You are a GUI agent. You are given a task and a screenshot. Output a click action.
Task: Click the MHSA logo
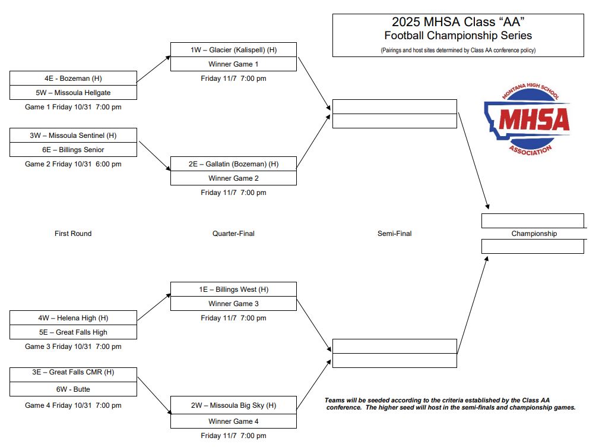pyautogui.click(x=527, y=119)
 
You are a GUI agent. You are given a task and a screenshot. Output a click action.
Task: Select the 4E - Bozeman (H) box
pyautogui.click(x=73, y=78)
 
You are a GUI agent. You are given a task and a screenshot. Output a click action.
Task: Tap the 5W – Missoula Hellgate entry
pyautogui.click(x=73, y=93)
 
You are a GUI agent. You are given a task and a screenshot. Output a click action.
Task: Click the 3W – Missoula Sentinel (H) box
pyautogui.click(x=73, y=136)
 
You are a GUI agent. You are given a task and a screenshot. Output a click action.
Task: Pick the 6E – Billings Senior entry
pyautogui.click(x=73, y=150)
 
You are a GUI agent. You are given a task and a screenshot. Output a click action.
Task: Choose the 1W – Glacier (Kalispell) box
pyautogui.click(x=233, y=50)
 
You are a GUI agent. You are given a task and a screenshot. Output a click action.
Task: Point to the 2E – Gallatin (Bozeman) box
pyautogui.click(x=233, y=163)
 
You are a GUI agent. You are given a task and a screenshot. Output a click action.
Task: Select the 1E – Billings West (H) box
pyautogui.click(x=233, y=289)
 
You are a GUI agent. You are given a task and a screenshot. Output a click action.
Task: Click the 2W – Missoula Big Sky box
pyautogui.click(x=233, y=405)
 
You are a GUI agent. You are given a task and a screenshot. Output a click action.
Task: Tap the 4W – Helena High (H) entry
pyautogui.click(x=73, y=318)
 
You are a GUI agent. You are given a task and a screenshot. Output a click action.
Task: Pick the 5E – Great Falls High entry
pyautogui.click(x=73, y=332)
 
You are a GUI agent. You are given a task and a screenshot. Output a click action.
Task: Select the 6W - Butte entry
pyautogui.click(x=73, y=389)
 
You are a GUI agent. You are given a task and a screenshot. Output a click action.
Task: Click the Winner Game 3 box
pyautogui.click(x=233, y=304)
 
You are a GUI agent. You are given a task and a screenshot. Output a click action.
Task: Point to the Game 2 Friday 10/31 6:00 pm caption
pyautogui.click(x=73, y=164)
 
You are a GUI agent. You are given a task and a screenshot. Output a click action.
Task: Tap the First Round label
pyautogui.click(x=73, y=233)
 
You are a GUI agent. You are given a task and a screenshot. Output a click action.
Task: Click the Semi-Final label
pyautogui.click(x=394, y=233)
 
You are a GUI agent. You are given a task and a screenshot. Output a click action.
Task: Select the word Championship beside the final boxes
pyautogui.click(x=534, y=233)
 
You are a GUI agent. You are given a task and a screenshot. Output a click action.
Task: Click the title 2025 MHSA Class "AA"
pyautogui.click(x=458, y=21)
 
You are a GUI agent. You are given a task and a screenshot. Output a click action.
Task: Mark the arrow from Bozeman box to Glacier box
pyautogui.click(x=153, y=69)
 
